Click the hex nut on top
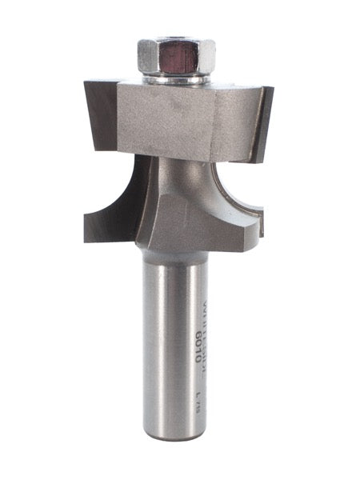coord(177,57)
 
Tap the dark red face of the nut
coord(178,58)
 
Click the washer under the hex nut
coord(177,78)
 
